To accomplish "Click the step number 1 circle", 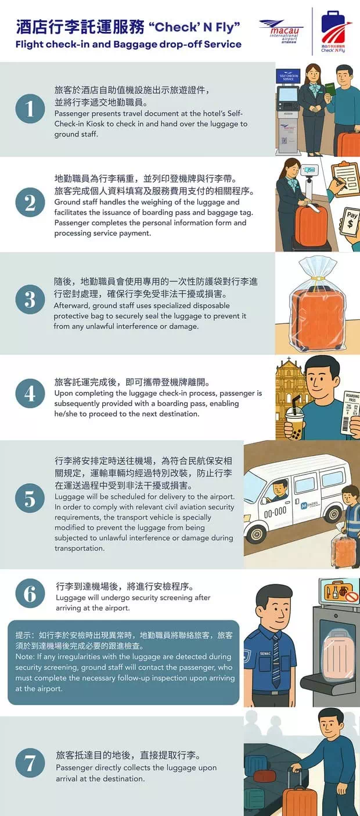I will (30, 109).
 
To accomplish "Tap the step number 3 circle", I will (30, 299).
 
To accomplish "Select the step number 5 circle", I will (30, 499).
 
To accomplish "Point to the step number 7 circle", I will (30, 763).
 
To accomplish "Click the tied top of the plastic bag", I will (316, 268).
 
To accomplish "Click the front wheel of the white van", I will (256, 533).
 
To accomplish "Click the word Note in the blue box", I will (24, 656).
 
